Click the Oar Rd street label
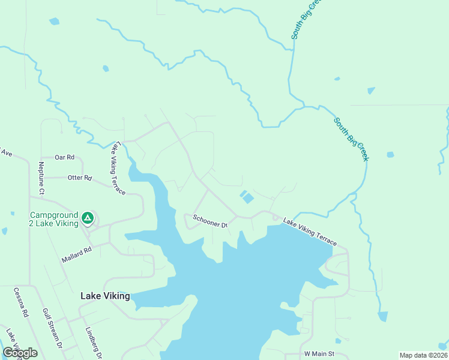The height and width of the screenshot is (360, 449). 64,157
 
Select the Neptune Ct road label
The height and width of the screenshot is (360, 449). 41,179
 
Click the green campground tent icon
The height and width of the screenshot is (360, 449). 88,217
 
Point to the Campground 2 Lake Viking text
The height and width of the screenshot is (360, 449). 54,219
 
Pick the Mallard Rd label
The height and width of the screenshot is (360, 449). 76,254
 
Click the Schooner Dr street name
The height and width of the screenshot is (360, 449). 209,221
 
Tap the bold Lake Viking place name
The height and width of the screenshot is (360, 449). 105,296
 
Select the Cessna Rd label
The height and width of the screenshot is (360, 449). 21,302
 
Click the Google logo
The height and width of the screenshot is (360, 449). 20,353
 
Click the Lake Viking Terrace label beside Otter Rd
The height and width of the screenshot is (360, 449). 118,168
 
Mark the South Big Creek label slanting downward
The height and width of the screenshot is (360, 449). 351,139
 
